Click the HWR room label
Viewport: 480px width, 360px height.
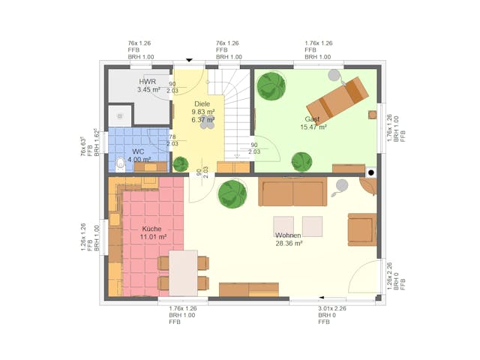pyautogui.click(x=147, y=81)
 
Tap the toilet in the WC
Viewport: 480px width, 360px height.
pyautogui.click(x=121, y=163)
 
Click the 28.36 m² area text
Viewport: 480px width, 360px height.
pyautogui.click(x=288, y=243)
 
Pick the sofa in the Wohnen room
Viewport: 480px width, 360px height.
pyautogui.click(x=292, y=192)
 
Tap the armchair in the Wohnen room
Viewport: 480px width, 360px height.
pyautogui.click(x=361, y=229)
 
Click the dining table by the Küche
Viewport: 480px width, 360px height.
pyautogui.click(x=183, y=272)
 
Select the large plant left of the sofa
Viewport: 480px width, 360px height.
pyautogui.click(x=232, y=194)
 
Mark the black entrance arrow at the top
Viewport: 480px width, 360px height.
pyautogui.click(x=189, y=60)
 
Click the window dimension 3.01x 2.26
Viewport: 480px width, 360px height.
pyautogui.click(x=332, y=308)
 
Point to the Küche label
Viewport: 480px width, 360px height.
pyautogui.click(x=152, y=229)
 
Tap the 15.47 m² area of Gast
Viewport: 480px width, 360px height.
pyautogui.click(x=313, y=127)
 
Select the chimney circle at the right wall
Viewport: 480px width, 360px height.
pyautogui.click(x=370, y=172)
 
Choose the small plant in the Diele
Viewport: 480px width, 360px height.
pyautogui.click(x=181, y=163)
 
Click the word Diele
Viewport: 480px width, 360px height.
pyautogui.click(x=202, y=103)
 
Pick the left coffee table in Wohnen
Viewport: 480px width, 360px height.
pyautogui.click(x=283, y=226)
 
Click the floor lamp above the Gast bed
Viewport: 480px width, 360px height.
pyautogui.click(x=332, y=73)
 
